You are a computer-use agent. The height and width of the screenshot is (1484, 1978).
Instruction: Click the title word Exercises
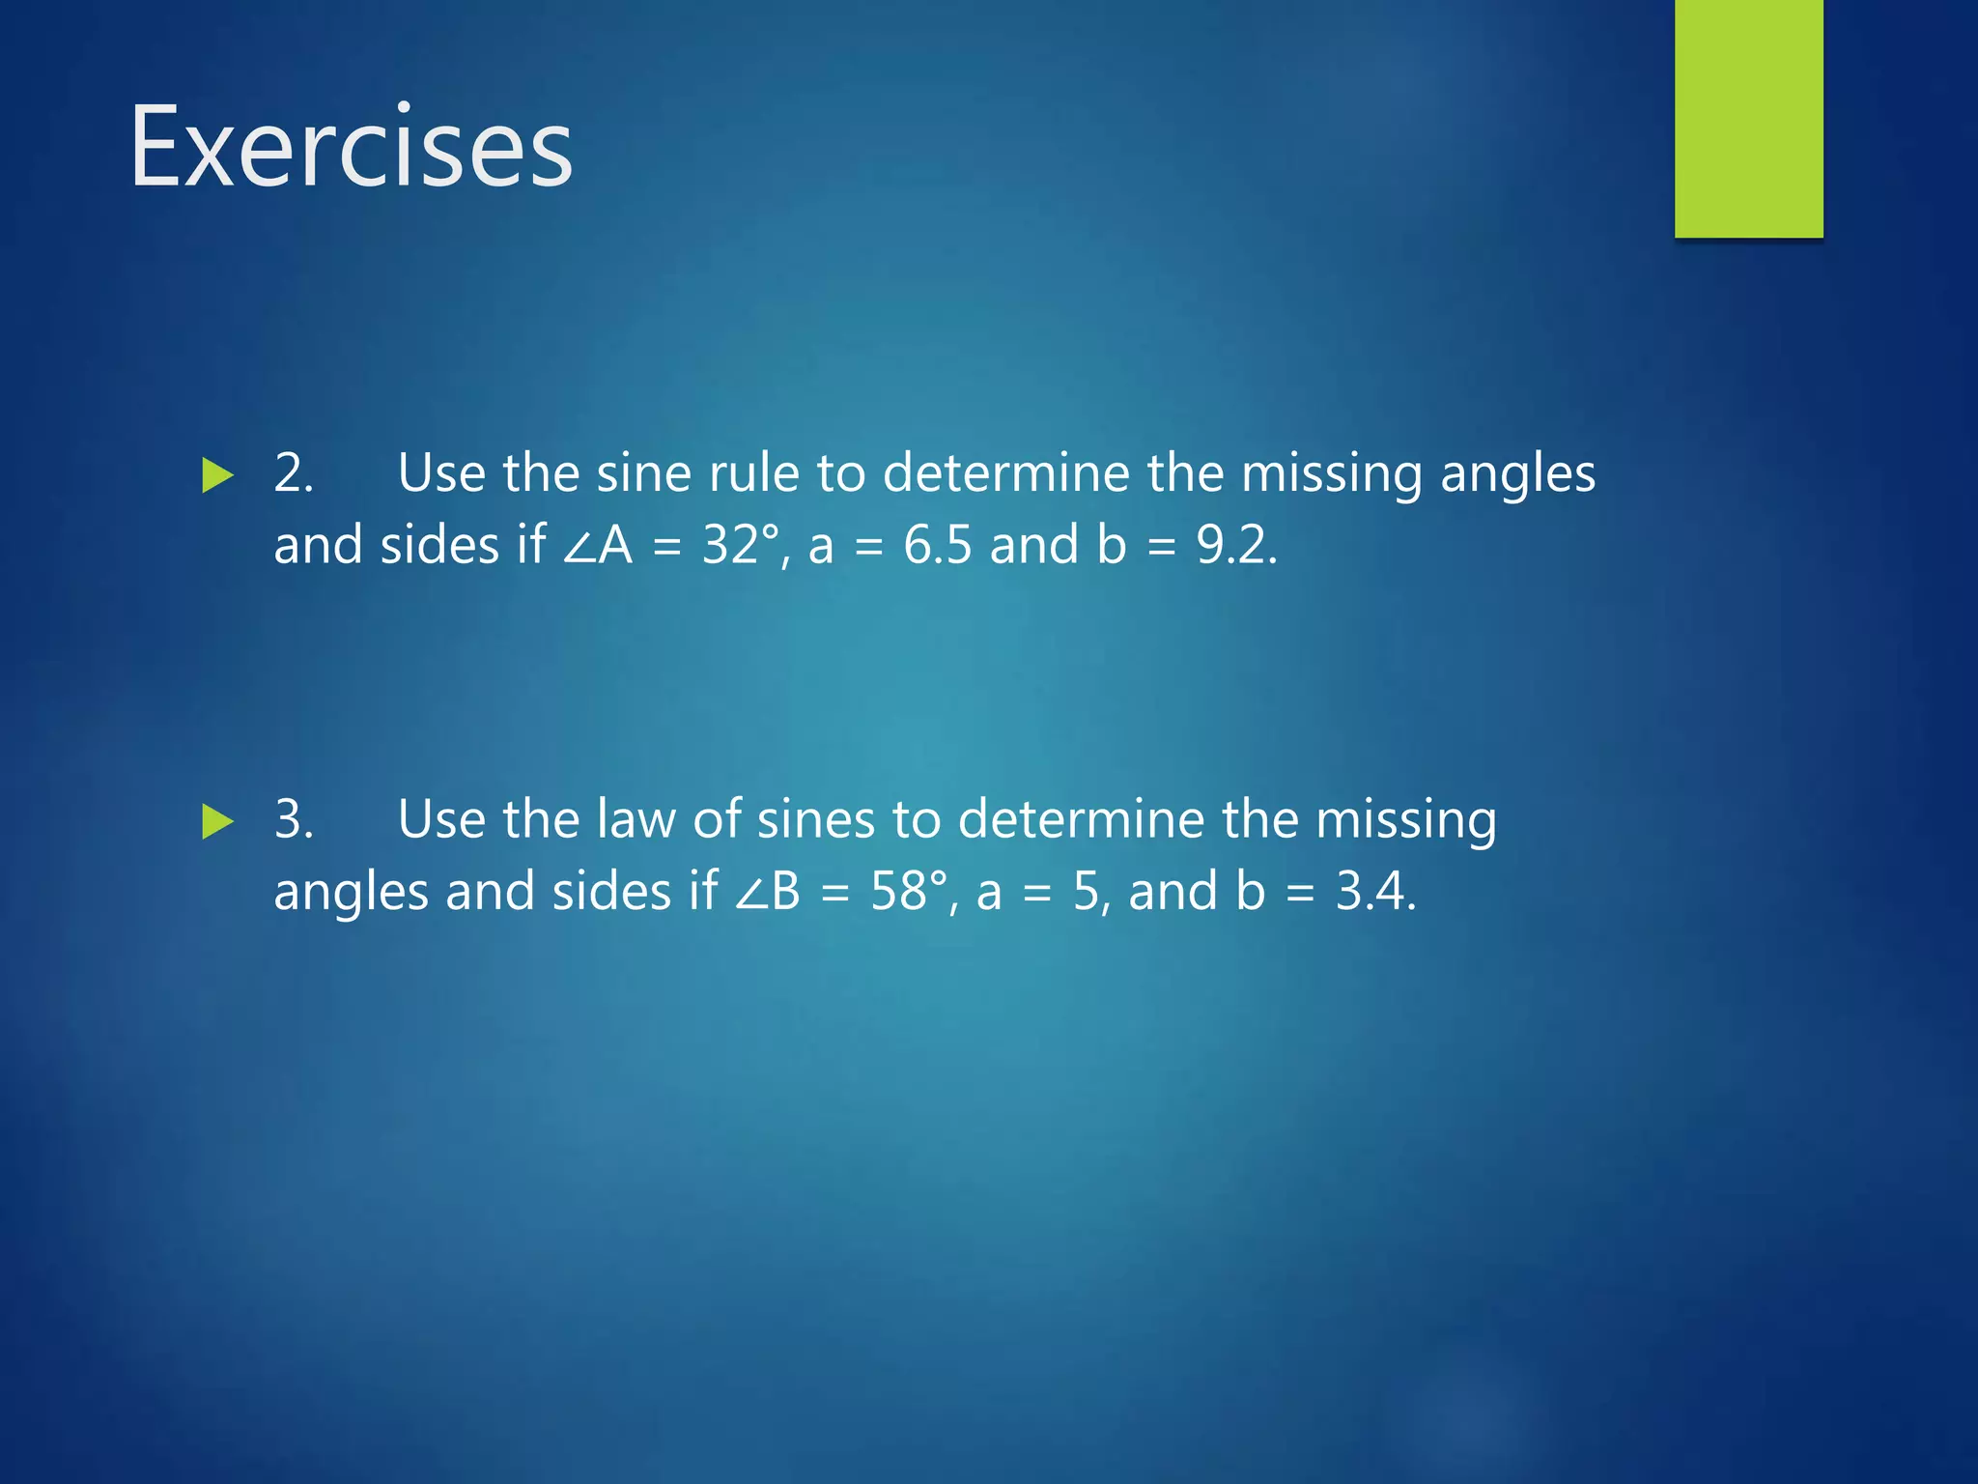pyautogui.click(x=352, y=148)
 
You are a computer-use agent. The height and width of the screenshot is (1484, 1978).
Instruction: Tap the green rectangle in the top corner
pyautogui.click(x=1748, y=118)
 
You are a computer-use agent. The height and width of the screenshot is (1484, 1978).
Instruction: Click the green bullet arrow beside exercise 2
pyautogui.click(x=218, y=476)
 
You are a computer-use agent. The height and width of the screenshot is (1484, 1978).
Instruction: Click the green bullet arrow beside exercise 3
pyautogui.click(x=218, y=822)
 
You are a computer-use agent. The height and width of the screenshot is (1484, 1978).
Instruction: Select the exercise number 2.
pyautogui.click(x=293, y=473)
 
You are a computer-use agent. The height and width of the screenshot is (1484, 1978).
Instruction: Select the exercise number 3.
pyautogui.click(x=293, y=819)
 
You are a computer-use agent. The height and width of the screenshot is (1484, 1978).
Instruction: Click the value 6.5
pyautogui.click(x=937, y=545)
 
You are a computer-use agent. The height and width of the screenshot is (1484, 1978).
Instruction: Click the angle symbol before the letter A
pyautogui.click(x=579, y=547)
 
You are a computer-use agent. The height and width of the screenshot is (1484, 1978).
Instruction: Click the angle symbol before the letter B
pyautogui.click(x=749, y=893)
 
